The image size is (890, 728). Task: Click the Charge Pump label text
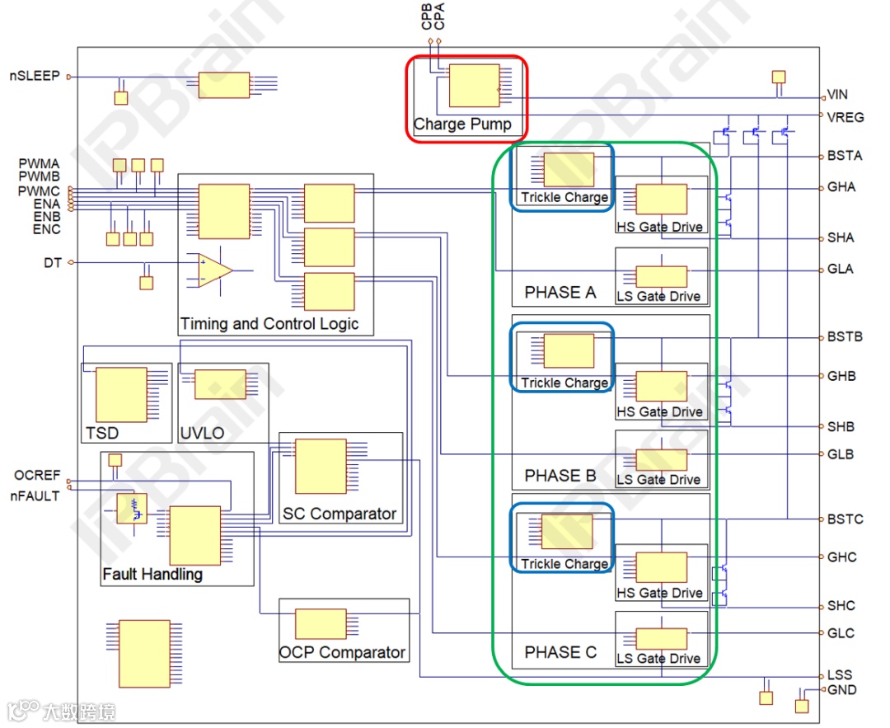click(462, 124)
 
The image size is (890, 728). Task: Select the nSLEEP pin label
click(35, 76)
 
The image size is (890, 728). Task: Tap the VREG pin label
click(845, 116)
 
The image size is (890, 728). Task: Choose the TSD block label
click(102, 433)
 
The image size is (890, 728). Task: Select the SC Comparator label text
click(340, 514)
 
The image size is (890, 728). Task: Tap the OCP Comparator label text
click(342, 652)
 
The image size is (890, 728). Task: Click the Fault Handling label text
click(152, 574)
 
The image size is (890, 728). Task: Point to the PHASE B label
click(560, 476)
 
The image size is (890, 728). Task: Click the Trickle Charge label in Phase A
click(564, 197)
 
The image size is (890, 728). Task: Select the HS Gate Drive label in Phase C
click(660, 593)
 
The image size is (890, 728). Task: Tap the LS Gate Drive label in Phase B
click(659, 479)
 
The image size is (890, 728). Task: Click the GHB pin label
click(841, 376)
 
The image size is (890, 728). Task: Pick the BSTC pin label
click(845, 519)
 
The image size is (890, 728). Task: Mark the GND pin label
click(841, 690)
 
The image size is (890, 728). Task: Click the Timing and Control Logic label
click(269, 324)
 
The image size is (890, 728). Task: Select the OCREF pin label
click(37, 476)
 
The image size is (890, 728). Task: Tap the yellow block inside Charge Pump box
click(474, 85)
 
